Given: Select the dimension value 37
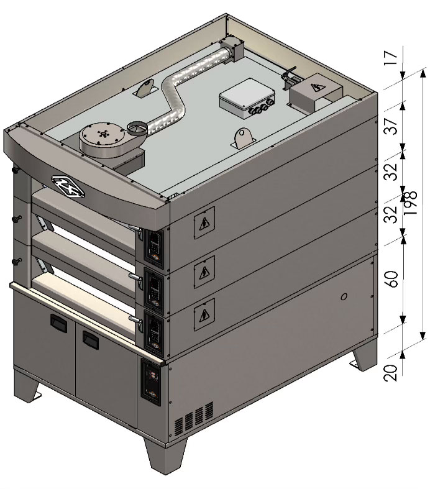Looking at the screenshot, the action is pos(391,126).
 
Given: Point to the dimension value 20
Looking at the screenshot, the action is pos(391,373).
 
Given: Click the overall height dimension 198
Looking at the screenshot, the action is pos(409,202).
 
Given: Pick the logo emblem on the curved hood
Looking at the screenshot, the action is pos(68,186).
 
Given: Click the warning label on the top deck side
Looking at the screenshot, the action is pos(204,222).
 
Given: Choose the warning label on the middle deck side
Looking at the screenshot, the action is pos(204,272).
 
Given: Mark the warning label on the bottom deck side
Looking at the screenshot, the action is pos(204,314).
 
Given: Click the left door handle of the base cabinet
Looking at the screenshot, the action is pos(58,322).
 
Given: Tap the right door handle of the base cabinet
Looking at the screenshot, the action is pos(91,340).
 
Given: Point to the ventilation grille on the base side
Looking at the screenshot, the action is pos(194,419).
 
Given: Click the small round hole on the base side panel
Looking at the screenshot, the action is pos(344,296).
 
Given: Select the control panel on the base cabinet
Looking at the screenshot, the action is pos(151,382).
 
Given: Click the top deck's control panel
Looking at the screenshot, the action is pos(153,248).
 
